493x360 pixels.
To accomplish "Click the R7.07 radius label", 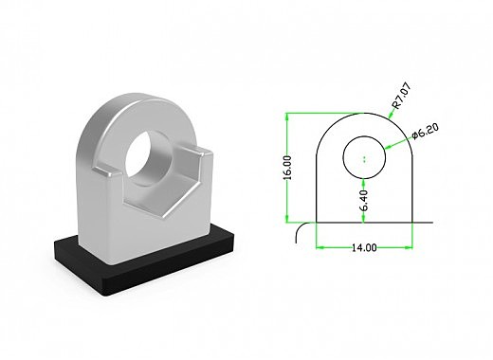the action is coord(401,96).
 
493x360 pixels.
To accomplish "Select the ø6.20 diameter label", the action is coord(426,131).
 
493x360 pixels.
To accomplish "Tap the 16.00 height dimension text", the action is coord(287,168).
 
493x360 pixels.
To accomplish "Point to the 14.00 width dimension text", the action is coord(364,247).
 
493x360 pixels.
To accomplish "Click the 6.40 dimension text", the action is coord(364,201).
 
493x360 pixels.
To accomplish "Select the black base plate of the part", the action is coord(144,257).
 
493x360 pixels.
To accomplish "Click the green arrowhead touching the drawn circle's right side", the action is coord(389,147).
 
